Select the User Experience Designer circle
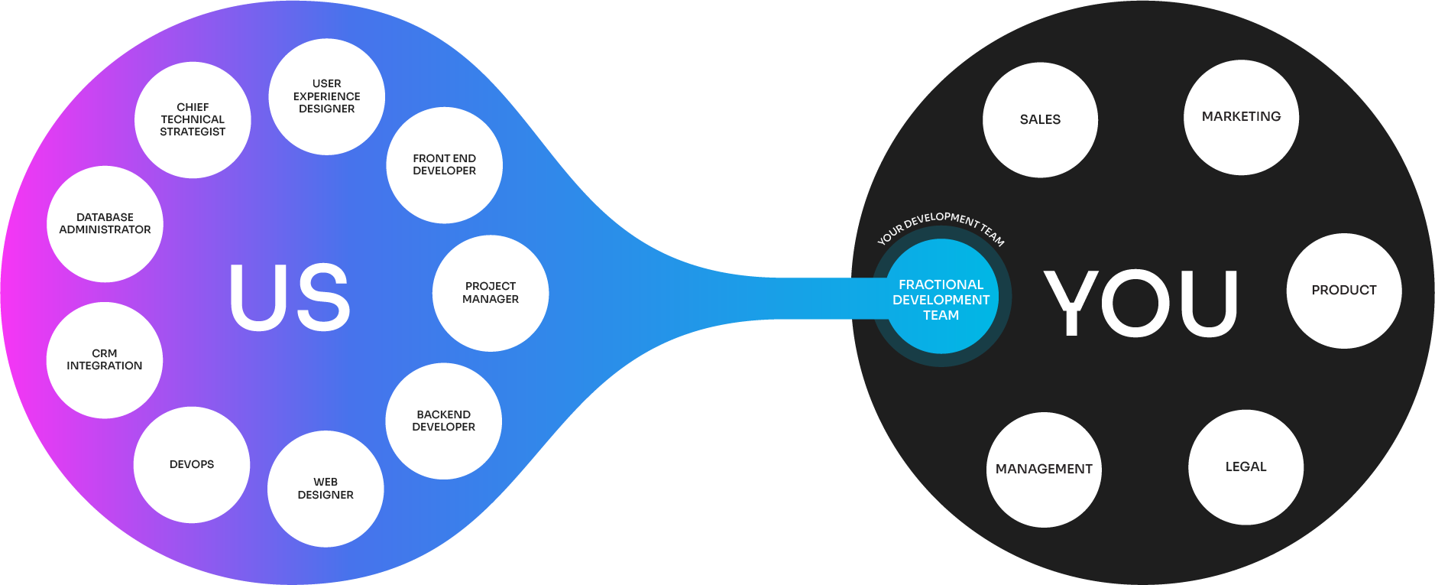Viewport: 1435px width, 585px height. click(327, 96)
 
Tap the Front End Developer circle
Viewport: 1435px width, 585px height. click(445, 165)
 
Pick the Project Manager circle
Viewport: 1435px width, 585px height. click(491, 293)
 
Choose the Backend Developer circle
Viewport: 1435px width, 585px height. click(444, 421)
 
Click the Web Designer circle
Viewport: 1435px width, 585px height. click(326, 489)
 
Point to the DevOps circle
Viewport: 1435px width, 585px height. click(192, 465)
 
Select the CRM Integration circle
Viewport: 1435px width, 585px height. click(105, 360)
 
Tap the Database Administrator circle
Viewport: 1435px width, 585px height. click(105, 224)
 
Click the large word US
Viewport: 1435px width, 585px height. click(290, 298)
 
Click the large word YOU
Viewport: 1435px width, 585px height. click(1141, 303)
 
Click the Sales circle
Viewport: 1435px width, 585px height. click(1040, 120)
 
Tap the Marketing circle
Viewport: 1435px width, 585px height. click(1242, 117)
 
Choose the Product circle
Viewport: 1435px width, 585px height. click(1344, 291)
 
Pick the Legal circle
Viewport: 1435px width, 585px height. click(1246, 467)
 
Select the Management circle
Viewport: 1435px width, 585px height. click(1044, 470)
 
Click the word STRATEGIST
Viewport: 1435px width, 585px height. click(193, 132)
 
